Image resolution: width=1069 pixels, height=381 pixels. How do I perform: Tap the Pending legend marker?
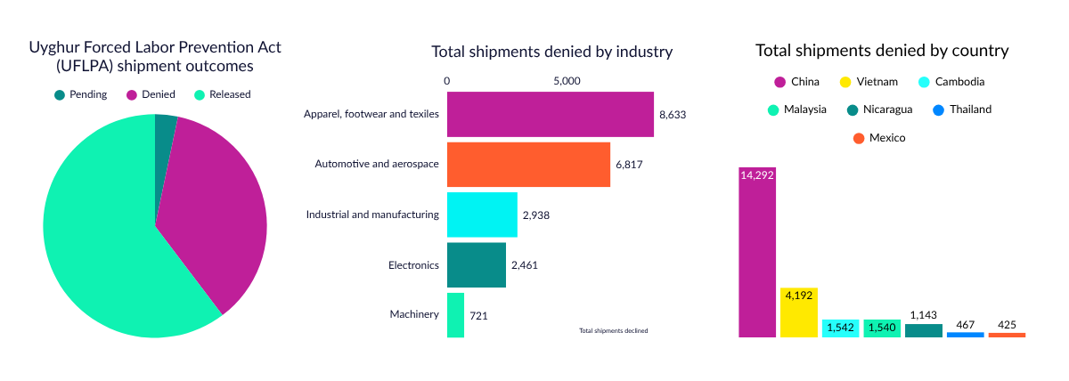(x=60, y=94)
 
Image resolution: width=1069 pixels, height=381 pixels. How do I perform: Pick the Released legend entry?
(x=223, y=94)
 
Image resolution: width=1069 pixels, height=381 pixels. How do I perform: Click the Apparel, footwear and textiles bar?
(x=550, y=114)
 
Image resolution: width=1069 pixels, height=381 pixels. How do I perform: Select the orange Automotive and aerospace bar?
(x=528, y=164)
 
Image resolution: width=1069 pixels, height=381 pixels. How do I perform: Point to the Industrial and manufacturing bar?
(x=481, y=215)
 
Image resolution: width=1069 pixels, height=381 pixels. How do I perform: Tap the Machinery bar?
(x=455, y=314)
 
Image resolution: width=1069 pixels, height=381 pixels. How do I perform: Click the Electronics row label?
(x=414, y=265)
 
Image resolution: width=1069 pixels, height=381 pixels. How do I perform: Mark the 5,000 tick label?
(x=567, y=81)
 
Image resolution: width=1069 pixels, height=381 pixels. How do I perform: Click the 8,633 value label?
(x=673, y=115)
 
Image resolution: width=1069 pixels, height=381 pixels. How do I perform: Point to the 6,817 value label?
(x=629, y=165)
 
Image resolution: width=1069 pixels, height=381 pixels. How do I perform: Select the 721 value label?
(x=478, y=315)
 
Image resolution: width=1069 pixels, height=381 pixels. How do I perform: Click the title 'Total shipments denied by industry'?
(x=551, y=52)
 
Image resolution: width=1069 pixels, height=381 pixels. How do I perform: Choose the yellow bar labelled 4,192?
(x=798, y=312)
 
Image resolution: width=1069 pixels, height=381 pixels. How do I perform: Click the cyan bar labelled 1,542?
(x=839, y=328)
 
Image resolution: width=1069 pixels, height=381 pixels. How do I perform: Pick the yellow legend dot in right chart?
(x=845, y=82)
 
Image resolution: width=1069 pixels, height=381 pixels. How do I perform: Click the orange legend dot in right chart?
(x=859, y=138)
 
